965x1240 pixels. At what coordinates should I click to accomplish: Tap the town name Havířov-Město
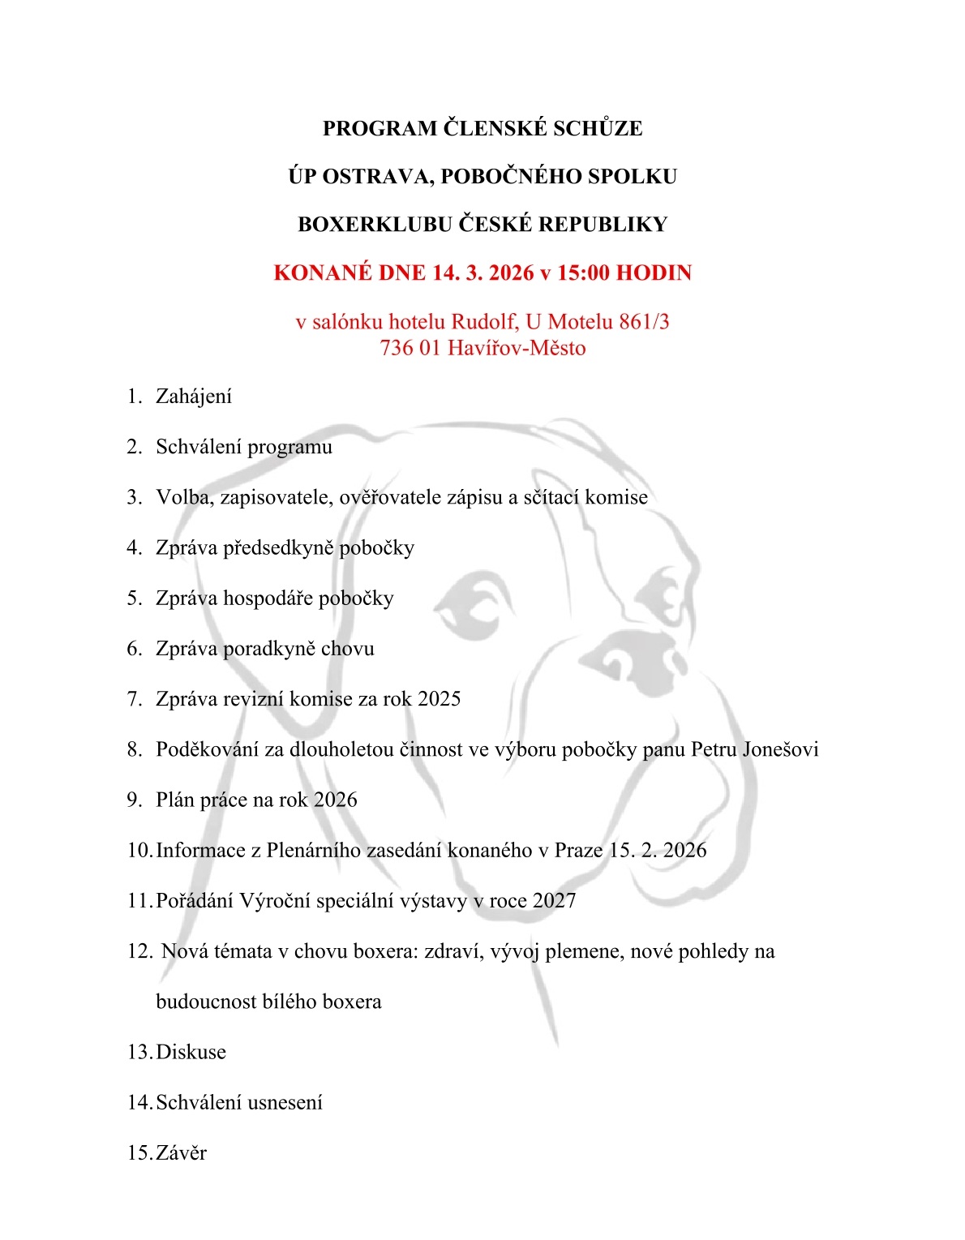pyautogui.click(x=517, y=348)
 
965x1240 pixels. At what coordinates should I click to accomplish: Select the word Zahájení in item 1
pyautogui.click(x=194, y=397)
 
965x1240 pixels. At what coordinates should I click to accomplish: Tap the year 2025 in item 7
pyautogui.click(x=439, y=699)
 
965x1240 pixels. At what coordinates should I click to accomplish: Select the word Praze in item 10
pyautogui.click(x=578, y=850)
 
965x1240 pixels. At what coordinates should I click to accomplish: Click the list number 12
pyautogui.click(x=139, y=951)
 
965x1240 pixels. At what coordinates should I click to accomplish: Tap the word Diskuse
pyautogui.click(x=191, y=1052)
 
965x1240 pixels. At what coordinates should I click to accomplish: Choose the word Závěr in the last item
pyautogui.click(x=181, y=1152)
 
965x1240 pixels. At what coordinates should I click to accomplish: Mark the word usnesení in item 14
pyautogui.click(x=285, y=1102)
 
